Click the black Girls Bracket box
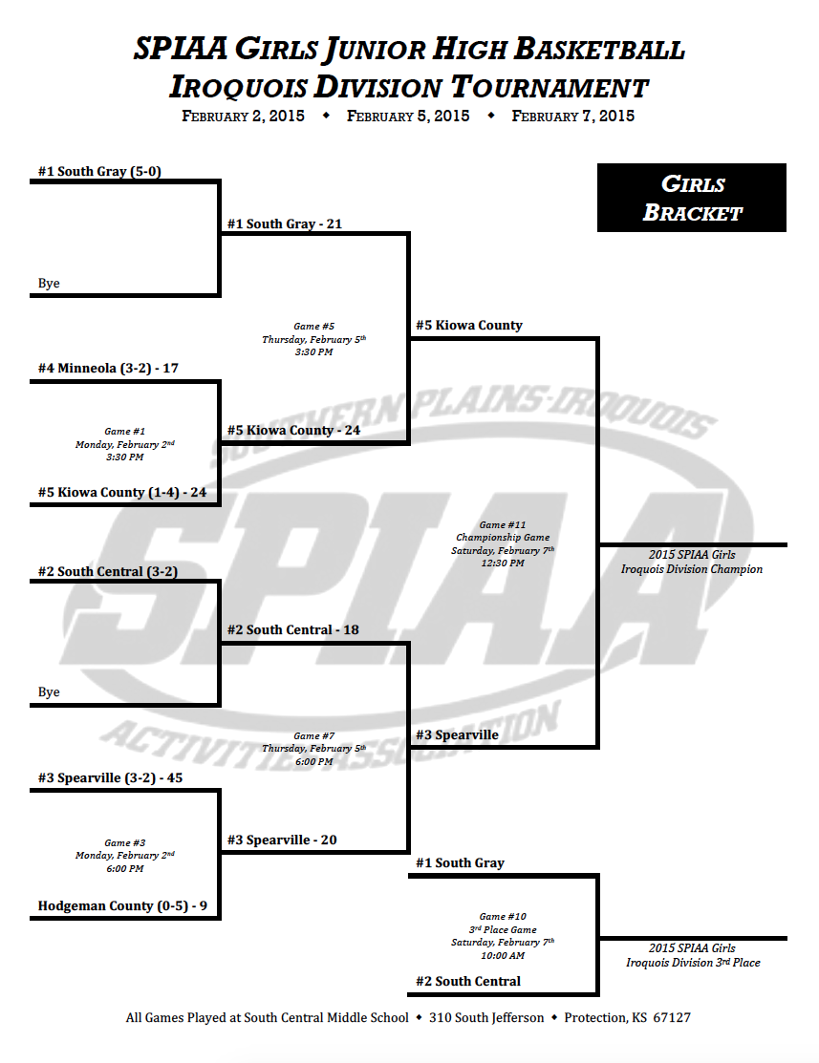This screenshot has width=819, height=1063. coord(692,198)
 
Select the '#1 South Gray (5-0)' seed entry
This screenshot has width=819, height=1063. coord(99,172)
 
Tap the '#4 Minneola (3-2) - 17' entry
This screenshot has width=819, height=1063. coord(108,368)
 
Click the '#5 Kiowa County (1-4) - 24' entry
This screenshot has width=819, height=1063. coord(122,492)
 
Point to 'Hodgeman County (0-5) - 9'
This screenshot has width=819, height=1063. coord(123,905)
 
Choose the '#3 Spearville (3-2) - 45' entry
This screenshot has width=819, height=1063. coord(111,777)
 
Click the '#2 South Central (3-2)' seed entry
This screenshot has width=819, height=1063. coord(108,571)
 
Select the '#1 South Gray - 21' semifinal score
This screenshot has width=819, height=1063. coord(285,223)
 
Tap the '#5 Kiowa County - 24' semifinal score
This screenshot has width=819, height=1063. coord(293,430)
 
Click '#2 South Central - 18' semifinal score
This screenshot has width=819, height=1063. coord(293,629)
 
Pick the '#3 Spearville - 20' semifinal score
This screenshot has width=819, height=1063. coord(282,840)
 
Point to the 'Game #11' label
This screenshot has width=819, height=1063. coord(503,524)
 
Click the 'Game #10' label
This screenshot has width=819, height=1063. coord(503,917)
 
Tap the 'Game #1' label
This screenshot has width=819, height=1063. coord(125,431)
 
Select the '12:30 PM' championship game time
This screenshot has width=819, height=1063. coord(503,563)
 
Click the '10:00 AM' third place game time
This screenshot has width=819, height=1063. coord(503,956)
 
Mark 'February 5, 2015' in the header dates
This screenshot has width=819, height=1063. coord(408,116)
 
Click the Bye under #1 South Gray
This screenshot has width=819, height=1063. coord(49,284)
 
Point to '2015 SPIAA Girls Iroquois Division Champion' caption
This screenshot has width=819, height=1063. coord(692,562)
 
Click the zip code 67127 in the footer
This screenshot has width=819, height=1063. coord(672,1017)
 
